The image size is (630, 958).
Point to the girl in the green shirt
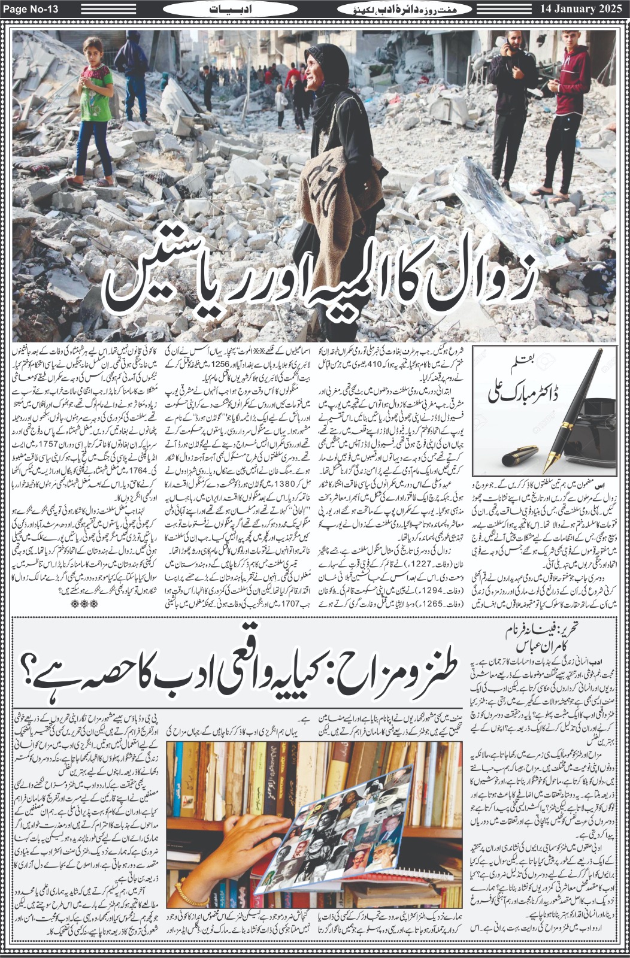pos(96,108)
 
